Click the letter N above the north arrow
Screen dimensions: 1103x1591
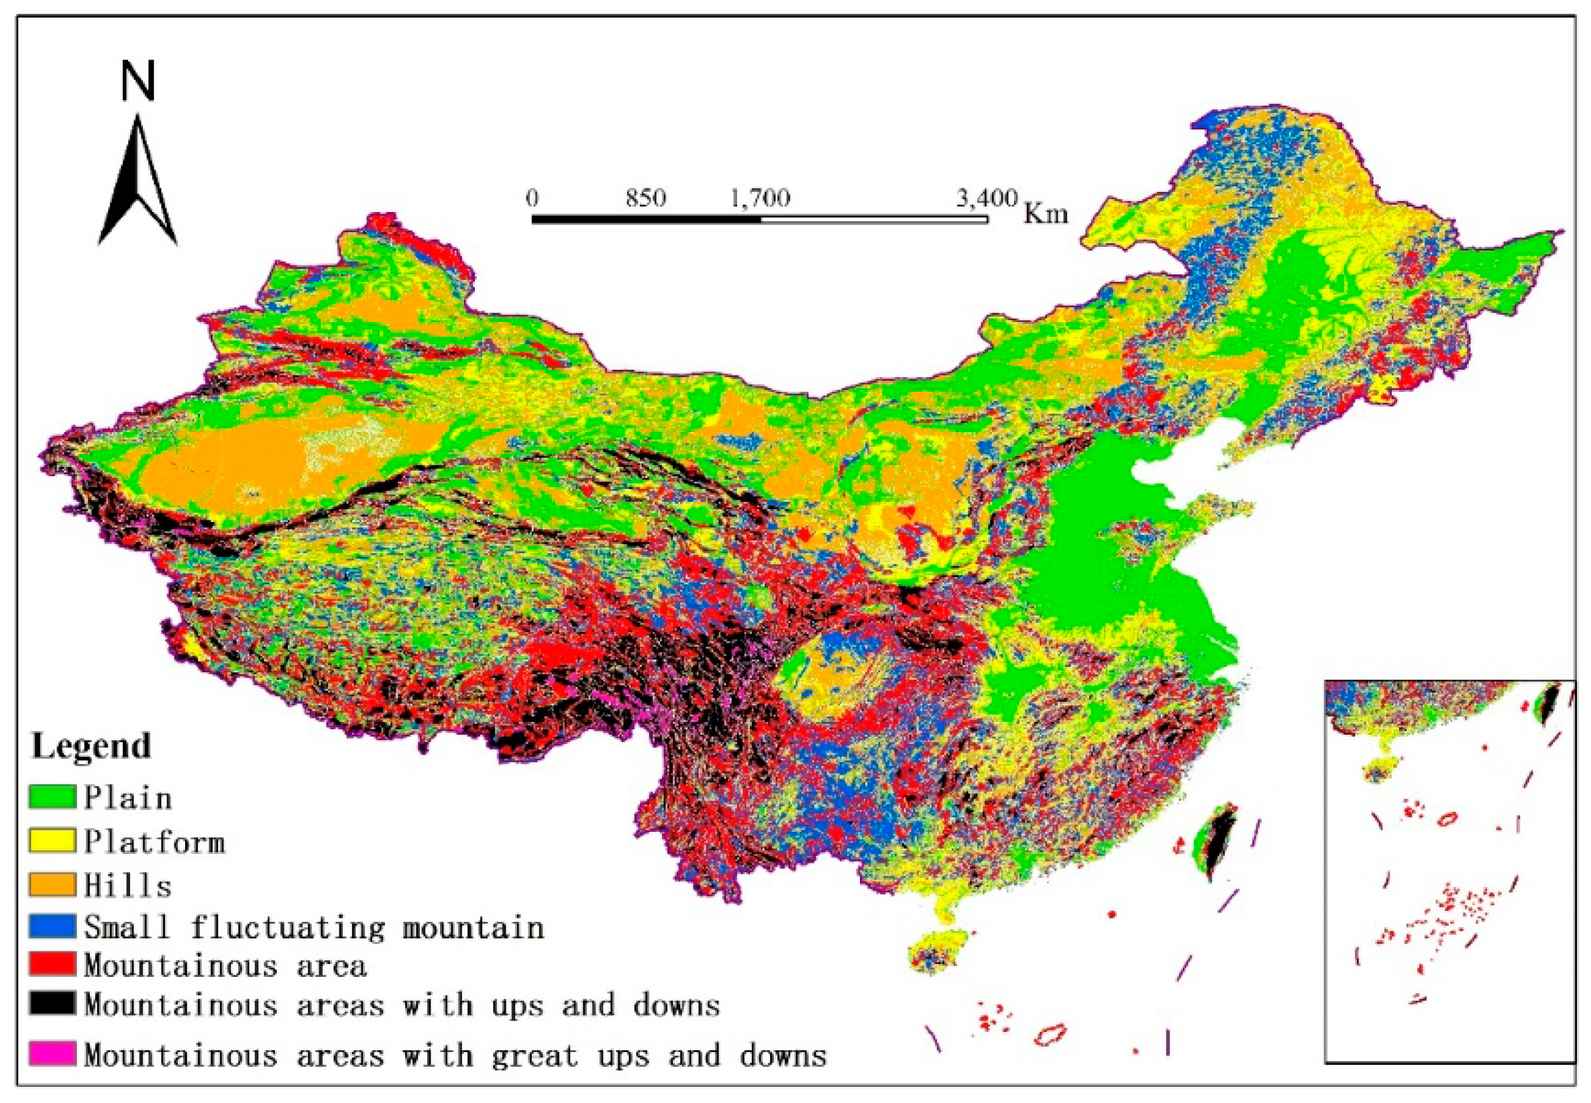point(138,82)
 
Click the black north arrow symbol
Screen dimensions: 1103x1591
point(138,187)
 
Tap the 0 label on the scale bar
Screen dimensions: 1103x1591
point(531,199)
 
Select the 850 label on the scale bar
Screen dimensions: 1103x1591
point(646,199)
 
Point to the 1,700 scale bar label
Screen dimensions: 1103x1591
point(760,199)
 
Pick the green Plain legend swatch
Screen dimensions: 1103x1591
point(52,797)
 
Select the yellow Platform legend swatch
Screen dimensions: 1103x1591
point(52,841)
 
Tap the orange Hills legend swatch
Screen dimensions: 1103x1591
point(52,884)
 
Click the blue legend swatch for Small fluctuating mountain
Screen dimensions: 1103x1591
point(52,927)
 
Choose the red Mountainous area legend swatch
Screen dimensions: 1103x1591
point(52,965)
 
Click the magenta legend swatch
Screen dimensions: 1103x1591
point(52,1054)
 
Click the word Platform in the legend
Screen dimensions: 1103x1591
point(155,842)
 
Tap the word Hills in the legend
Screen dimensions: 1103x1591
point(128,886)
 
